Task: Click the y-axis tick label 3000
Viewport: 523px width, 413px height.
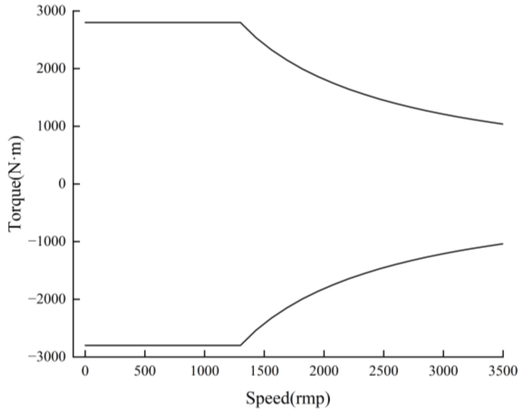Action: pyautogui.click(x=51, y=11)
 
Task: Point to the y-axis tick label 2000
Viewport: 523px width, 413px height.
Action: pyautogui.click(x=51, y=69)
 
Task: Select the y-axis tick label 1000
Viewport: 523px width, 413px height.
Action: pyautogui.click(x=51, y=126)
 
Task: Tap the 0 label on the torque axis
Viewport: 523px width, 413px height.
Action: pyautogui.click(x=62, y=184)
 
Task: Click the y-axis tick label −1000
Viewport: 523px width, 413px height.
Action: pyautogui.click(x=46, y=241)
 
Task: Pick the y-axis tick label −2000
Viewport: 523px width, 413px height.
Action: pyautogui.click(x=46, y=299)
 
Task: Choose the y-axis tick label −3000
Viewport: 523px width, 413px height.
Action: pyautogui.click(x=46, y=357)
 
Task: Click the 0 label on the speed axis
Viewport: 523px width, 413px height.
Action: pyautogui.click(x=85, y=371)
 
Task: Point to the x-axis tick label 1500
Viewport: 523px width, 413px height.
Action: pyautogui.click(x=264, y=371)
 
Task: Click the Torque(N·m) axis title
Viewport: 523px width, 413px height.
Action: pyautogui.click(x=15, y=184)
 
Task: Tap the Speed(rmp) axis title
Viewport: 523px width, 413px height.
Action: pyautogui.click(x=288, y=399)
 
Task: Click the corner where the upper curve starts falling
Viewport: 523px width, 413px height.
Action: pyautogui.click(x=241, y=23)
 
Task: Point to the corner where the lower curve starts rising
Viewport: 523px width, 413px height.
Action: pyautogui.click(x=241, y=345)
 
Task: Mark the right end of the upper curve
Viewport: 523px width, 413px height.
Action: pyautogui.click(x=503, y=124)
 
